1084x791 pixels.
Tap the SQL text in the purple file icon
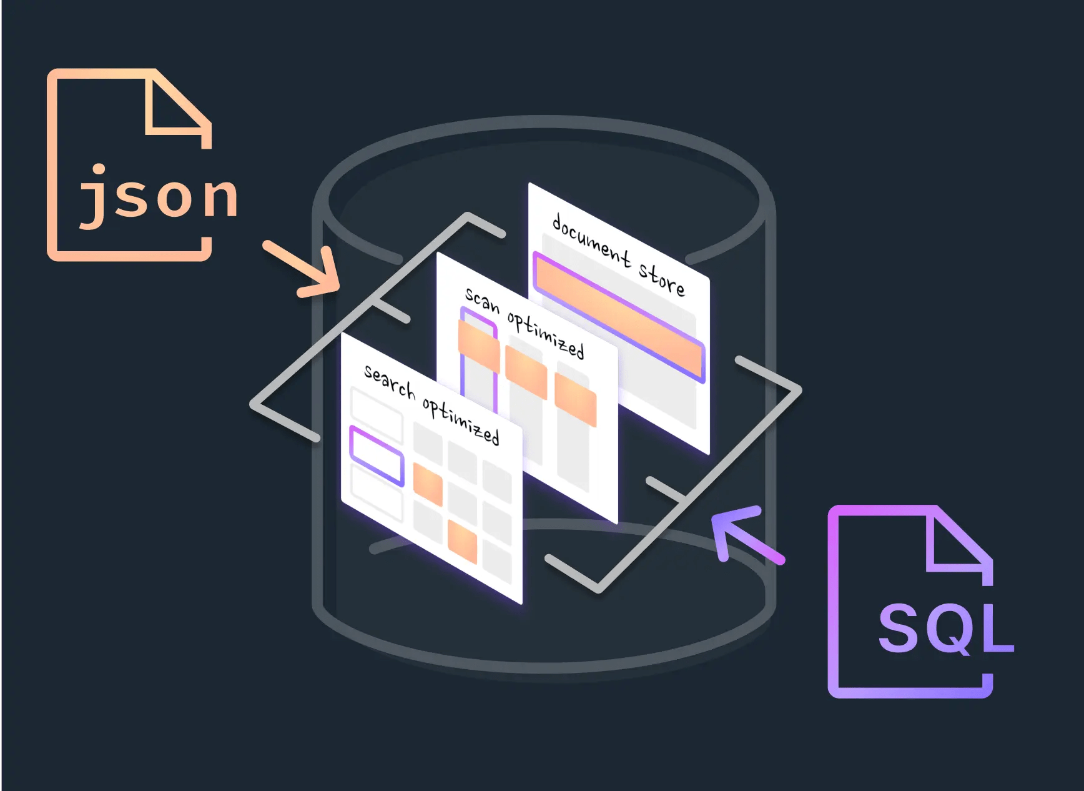click(945, 627)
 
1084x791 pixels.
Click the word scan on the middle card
click(482, 301)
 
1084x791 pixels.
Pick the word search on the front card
click(390, 381)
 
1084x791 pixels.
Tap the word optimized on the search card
click(461, 420)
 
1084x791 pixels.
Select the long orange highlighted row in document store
click(619, 316)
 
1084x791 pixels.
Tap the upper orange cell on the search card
click(428, 484)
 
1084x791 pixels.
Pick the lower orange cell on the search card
click(463, 541)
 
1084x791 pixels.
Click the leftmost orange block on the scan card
click(479, 345)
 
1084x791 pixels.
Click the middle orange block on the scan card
click(526, 372)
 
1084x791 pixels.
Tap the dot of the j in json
click(99, 169)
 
